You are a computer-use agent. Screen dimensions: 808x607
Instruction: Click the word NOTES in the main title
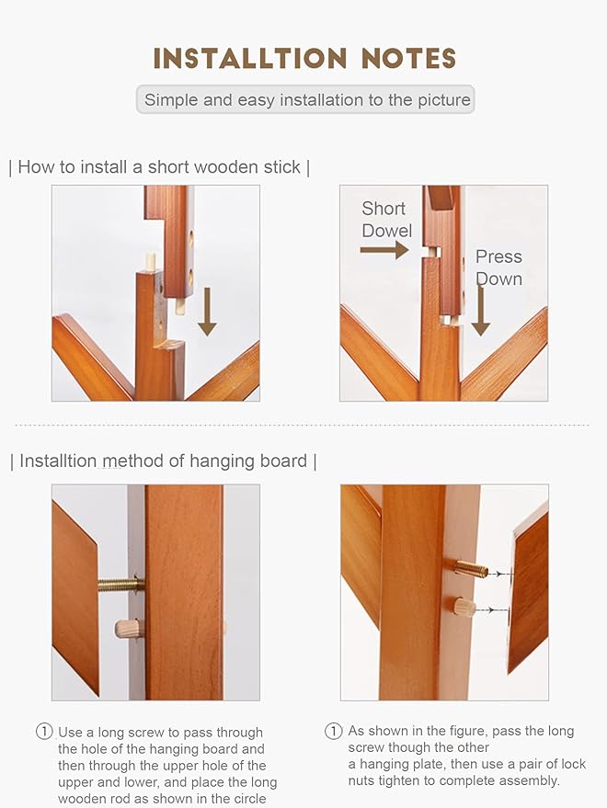tap(409, 59)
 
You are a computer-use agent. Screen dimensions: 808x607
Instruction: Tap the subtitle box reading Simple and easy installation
tap(306, 100)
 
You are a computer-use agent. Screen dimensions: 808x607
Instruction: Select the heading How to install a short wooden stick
tap(159, 167)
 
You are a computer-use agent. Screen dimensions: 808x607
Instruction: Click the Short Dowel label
tap(386, 220)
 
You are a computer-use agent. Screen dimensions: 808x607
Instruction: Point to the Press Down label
tap(498, 267)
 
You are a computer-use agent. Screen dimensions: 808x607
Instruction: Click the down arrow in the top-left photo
tap(208, 311)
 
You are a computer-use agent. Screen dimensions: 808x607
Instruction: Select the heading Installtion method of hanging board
tap(163, 461)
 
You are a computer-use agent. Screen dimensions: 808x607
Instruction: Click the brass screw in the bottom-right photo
tap(469, 569)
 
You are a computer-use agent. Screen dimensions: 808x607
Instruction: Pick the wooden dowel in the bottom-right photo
tap(464, 608)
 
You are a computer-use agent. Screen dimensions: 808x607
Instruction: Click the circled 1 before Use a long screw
tap(44, 732)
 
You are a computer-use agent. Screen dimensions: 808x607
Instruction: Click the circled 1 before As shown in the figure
tap(334, 732)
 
